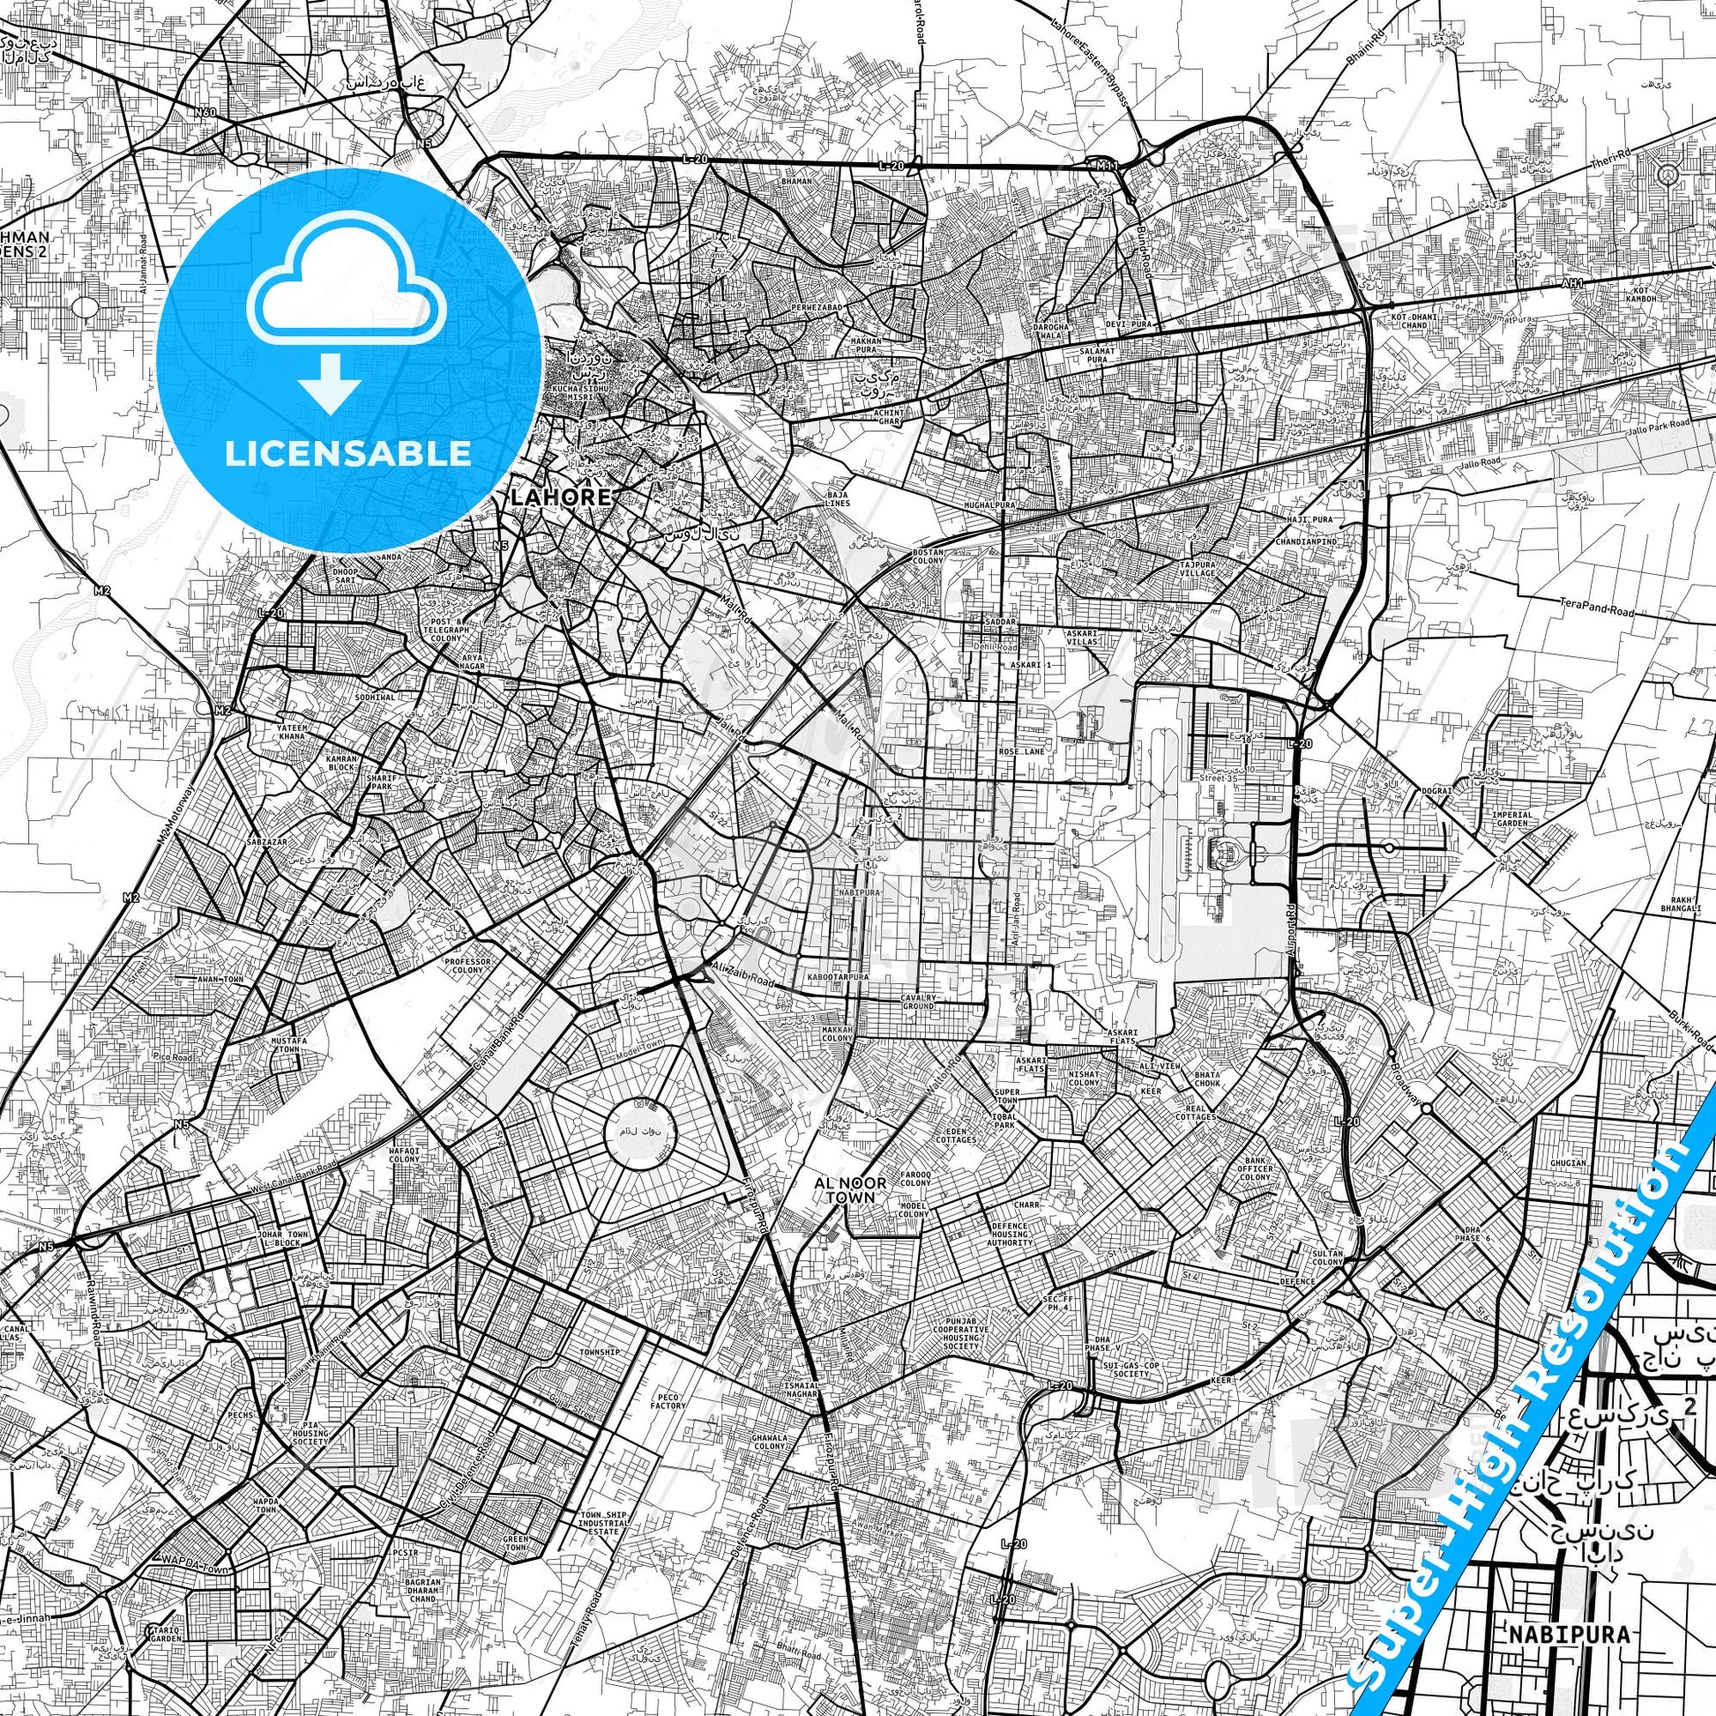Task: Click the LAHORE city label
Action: (561, 497)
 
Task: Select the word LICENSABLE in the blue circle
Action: (348, 453)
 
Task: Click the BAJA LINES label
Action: (838, 498)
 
